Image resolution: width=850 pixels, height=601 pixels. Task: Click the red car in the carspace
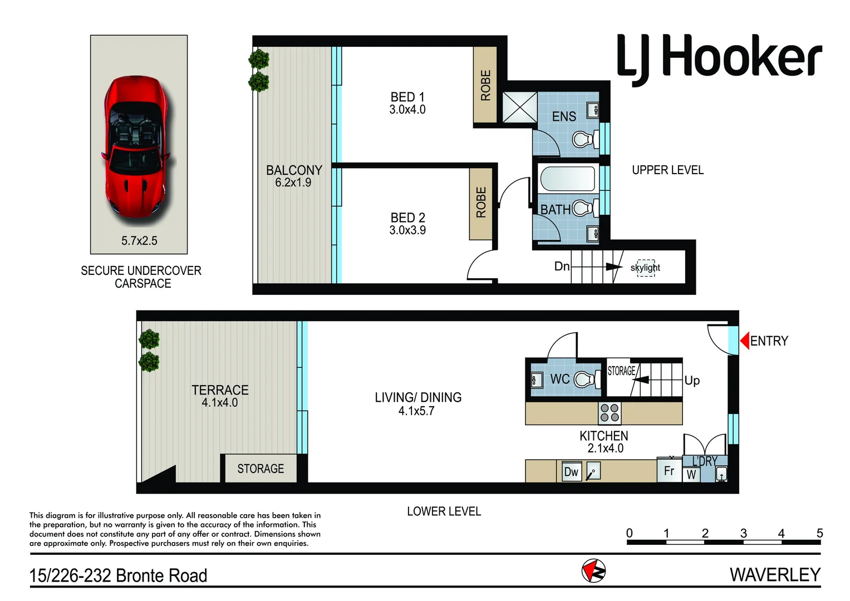click(135, 147)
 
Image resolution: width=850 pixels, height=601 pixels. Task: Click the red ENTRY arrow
click(744, 341)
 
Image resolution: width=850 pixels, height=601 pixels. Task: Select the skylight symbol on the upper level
click(646, 268)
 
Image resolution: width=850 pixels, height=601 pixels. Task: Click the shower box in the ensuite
click(519, 107)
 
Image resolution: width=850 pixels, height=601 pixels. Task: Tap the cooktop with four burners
click(610, 413)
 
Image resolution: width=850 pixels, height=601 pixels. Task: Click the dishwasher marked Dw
click(571, 472)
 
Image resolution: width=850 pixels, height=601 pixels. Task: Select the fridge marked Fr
click(669, 471)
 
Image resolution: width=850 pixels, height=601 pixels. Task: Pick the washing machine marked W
click(691, 475)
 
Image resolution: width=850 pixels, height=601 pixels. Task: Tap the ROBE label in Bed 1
click(485, 85)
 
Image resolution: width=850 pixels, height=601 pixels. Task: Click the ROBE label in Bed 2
click(481, 203)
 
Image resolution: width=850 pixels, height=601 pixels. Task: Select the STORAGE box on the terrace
click(261, 469)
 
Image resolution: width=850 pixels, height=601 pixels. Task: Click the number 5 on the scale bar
click(819, 533)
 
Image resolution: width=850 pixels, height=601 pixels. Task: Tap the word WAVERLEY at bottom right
click(775, 574)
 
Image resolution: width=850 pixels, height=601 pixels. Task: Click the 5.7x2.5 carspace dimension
click(139, 241)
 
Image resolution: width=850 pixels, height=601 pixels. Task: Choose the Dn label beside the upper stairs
click(562, 267)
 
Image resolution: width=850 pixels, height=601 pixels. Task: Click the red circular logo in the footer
click(593, 571)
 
